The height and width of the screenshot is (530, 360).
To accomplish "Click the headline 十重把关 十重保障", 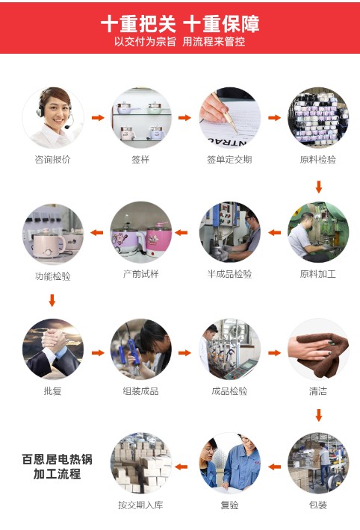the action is click(180, 24).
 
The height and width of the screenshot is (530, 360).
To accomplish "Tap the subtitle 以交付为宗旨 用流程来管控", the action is click(179, 42).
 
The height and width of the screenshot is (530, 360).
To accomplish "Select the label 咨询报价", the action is click(52, 159).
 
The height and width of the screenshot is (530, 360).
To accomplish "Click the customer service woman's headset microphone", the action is click(68, 127).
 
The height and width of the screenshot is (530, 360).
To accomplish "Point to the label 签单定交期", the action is click(229, 159).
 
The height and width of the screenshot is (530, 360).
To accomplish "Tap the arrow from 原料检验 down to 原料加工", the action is click(318, 187).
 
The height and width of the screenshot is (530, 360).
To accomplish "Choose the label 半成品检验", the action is click(229, 274).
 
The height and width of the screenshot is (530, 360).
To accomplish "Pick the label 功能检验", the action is click(52, 276).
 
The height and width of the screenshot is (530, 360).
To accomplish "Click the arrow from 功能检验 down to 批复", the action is click(52, 301).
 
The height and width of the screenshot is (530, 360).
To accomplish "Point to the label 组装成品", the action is click(140, 391).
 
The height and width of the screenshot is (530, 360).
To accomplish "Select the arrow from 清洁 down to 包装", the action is click(318, 415).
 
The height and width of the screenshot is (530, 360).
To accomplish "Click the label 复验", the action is click(229, 505).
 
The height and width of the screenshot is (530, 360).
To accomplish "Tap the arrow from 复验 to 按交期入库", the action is click(181, 467).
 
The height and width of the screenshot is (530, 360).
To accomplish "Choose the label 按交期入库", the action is click(140, 505).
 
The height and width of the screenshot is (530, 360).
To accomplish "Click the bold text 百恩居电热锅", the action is click(57, 459).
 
